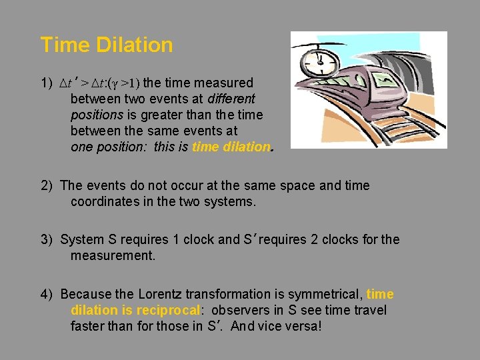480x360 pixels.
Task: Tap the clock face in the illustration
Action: tap(319, 62)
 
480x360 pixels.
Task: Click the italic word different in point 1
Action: tap(227, 99)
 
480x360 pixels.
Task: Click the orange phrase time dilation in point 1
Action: tap(231, 147)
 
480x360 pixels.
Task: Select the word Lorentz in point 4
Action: tap(160, 295)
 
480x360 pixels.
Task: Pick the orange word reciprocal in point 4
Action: tap(168, 310)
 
